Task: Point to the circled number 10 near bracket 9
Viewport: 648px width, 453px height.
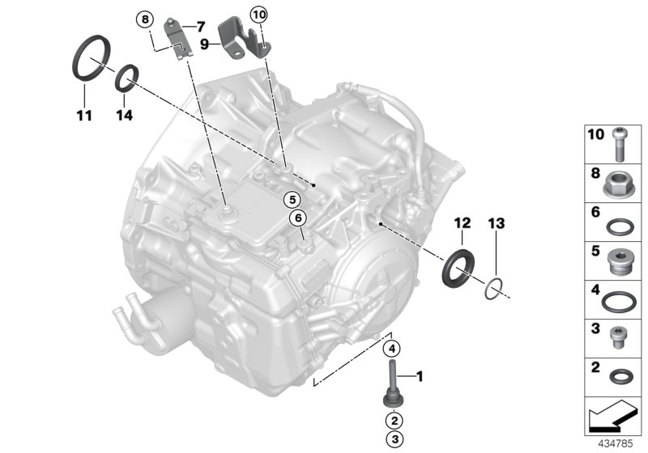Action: [258, 14]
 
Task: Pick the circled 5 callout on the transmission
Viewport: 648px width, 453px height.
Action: [289, 198]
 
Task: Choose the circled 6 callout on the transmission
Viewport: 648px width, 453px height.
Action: [298, 217]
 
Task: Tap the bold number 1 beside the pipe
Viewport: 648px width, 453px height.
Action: [420, 375]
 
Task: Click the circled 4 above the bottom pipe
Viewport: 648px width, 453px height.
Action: [392, 349]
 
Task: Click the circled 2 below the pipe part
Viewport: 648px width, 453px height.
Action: [392, 421]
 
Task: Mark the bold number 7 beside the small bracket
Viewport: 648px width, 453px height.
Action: [200, 27]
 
